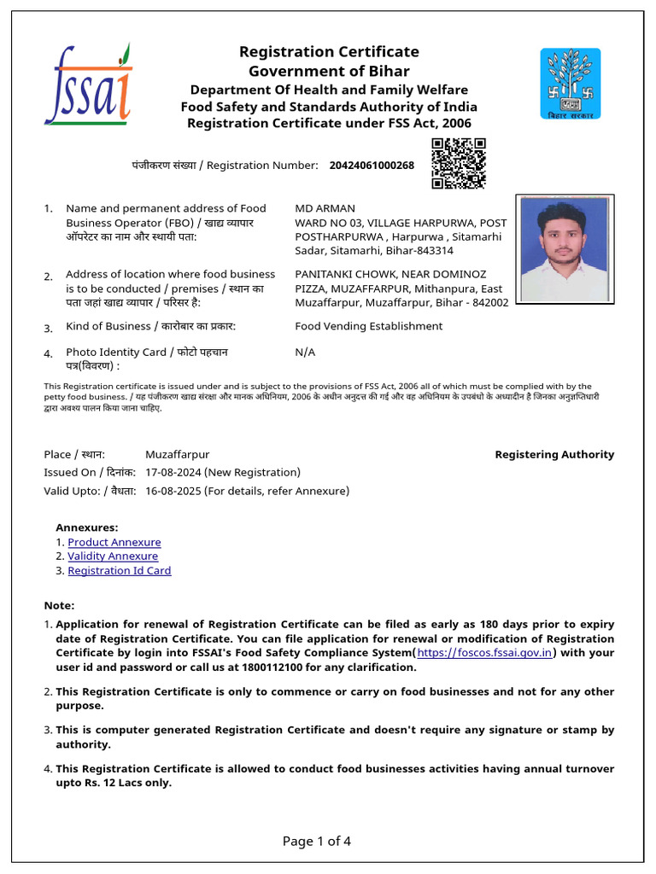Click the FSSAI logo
(89, 84)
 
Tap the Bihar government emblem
(570, 83)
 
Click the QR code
(459, 163)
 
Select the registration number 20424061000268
(372, 165)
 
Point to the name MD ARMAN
(325, 208)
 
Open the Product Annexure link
(114, 542)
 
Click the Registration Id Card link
(120, 570)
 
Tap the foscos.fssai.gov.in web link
(485, 653)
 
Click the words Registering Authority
(554, 455)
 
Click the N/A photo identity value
(305, 352)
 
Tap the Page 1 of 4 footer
(317, 842)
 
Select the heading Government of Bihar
(329, 72)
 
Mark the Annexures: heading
(87, 527)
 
